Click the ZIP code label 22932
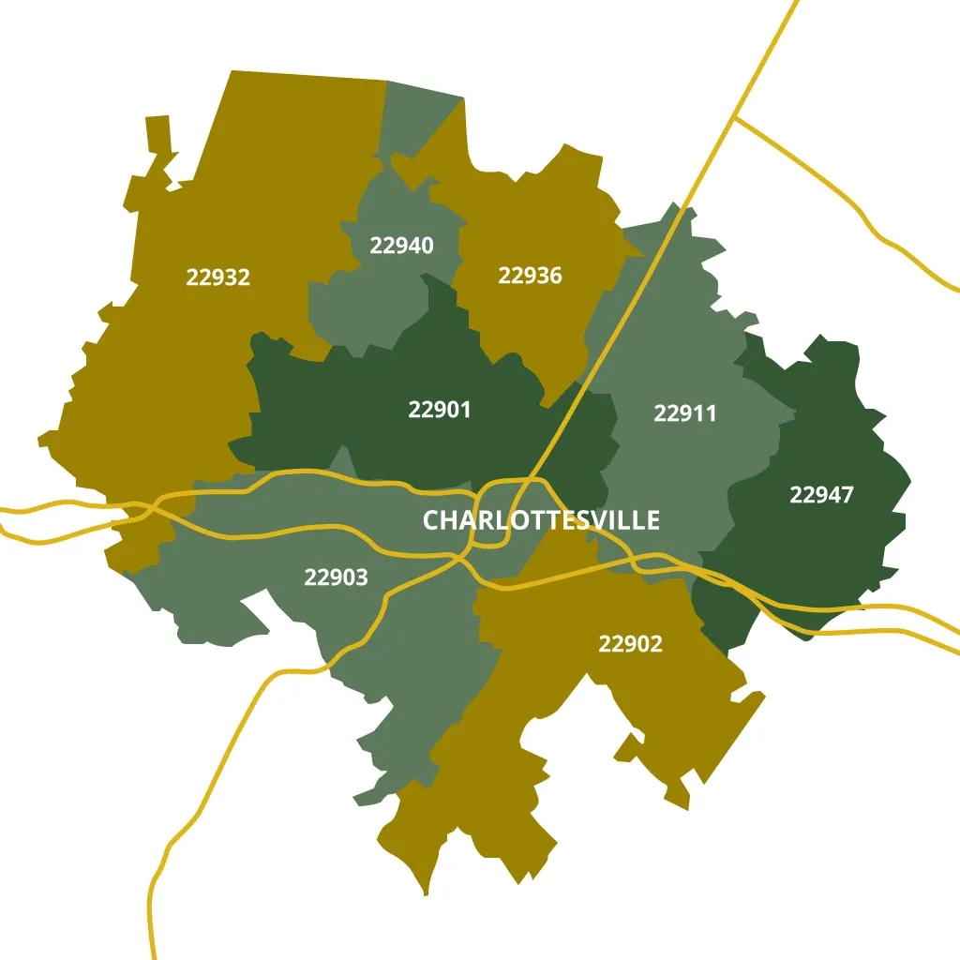point(217,277)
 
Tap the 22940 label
point(401,246)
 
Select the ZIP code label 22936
point(530,276)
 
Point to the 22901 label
point(440,410)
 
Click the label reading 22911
point(684,413)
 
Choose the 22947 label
point(821,495)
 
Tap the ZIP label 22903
point(336,577)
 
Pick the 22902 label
point(630,644)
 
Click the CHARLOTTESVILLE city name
point(541,520)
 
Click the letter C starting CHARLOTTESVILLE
point(431,520)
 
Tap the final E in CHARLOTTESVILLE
point(652,520)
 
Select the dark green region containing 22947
point(825,544)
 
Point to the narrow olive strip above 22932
point(158,141)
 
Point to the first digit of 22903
point(310,577)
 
